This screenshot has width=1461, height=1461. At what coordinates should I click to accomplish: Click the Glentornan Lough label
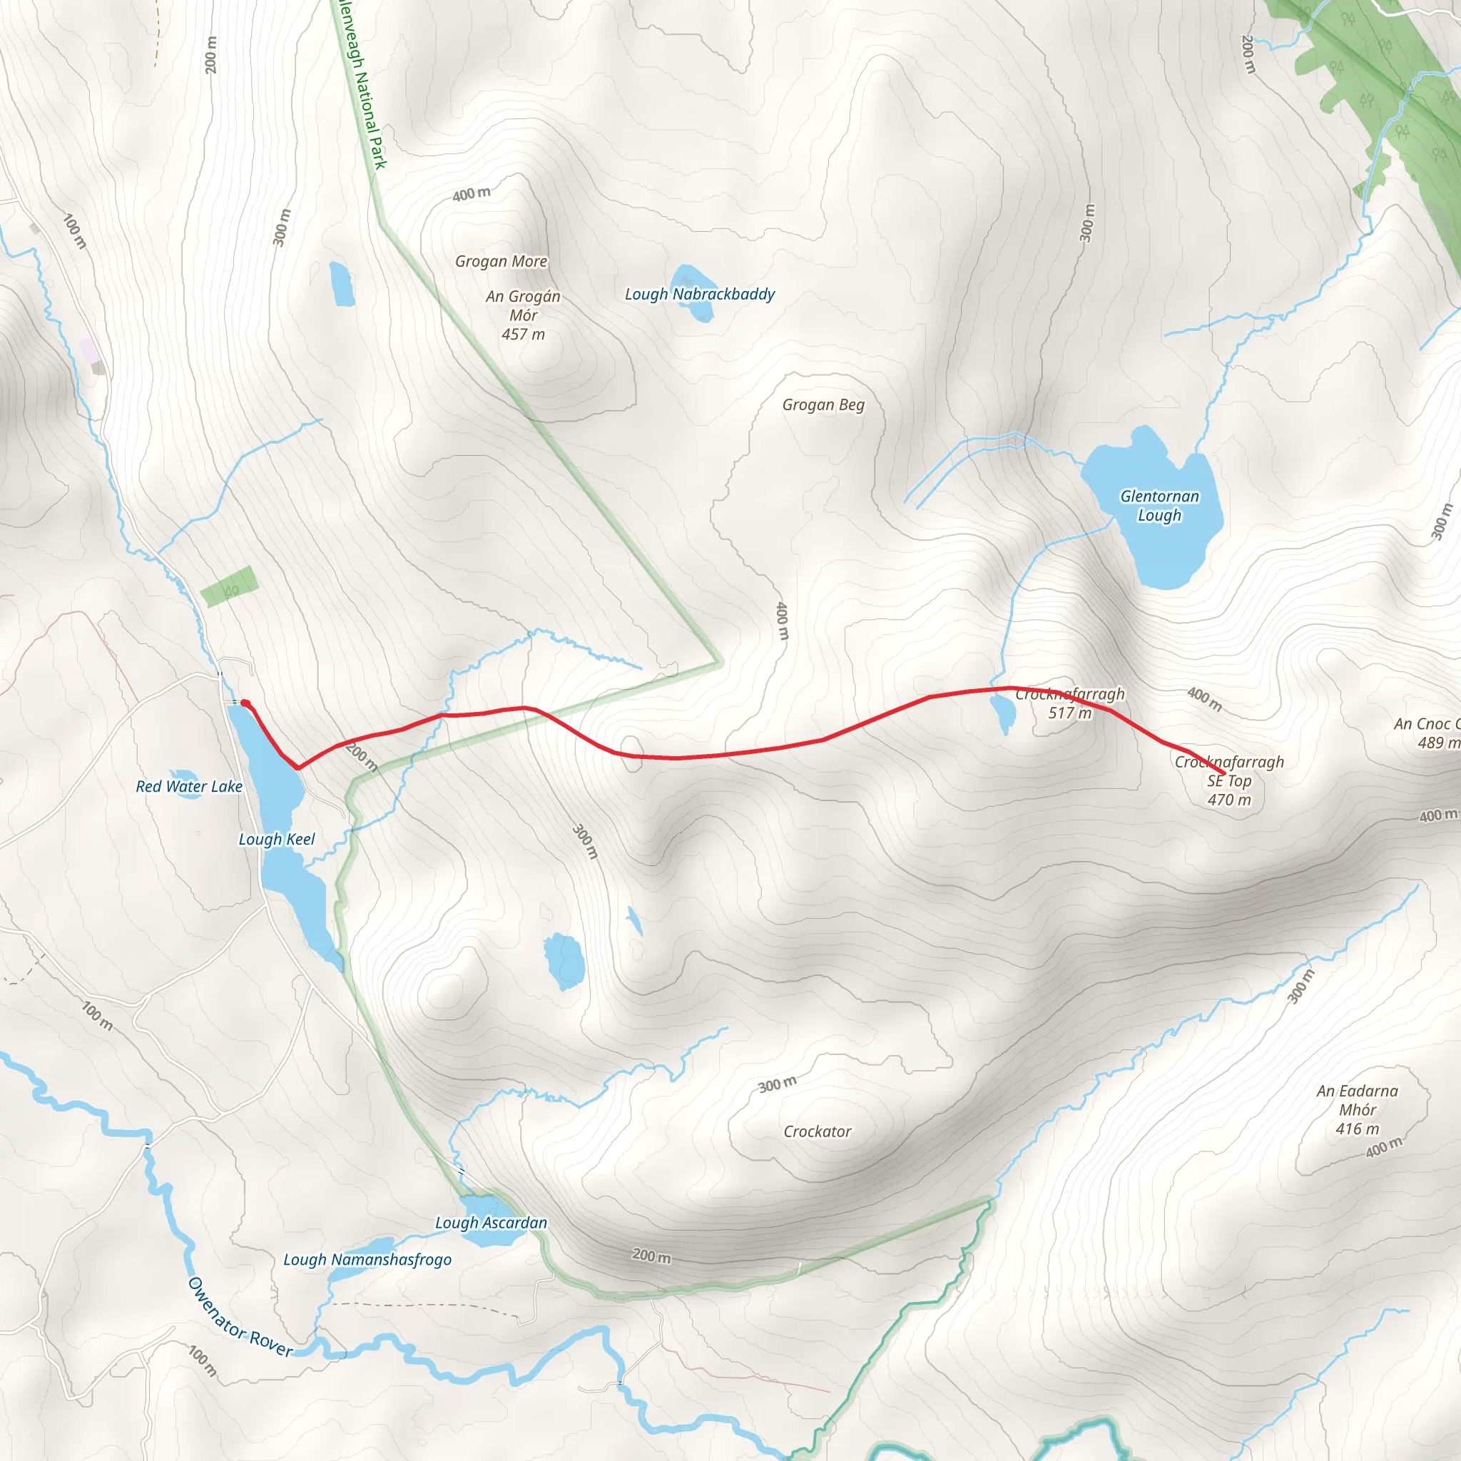click(x=1159, y=506)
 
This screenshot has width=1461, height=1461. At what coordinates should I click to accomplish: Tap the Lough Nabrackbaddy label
click(x=700, y=294)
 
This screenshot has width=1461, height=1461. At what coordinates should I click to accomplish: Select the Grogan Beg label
click(x=823, y=404)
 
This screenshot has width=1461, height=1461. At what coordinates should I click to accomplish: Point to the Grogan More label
click(x=501, y=261)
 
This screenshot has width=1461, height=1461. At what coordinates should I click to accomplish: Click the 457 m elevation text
click(x=522, y=335)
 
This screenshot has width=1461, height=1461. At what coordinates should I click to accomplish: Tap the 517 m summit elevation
click(x=1069, y=713)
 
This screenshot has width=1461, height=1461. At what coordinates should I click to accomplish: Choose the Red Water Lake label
click(x=189, y=786)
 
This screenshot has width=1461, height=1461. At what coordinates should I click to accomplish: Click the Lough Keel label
click(x=277, y=840)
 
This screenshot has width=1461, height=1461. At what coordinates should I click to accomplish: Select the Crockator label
click(x=817, y=1131)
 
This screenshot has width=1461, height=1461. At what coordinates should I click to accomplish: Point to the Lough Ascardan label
click(x=491, y=1223)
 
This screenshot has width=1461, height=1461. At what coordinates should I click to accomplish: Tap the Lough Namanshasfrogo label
click(x=367, y=1260)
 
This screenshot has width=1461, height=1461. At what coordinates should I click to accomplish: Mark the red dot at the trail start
click(x=245, y=704)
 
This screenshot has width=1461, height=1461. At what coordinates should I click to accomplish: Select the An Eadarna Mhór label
click(x=1358, y=1100)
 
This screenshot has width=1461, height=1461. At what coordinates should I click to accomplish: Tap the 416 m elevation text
click(x=1357, y=1129)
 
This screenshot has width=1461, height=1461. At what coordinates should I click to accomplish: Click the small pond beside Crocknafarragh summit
click(x=1004, y=713)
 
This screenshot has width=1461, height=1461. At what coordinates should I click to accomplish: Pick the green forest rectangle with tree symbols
click(x=230, y=586)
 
